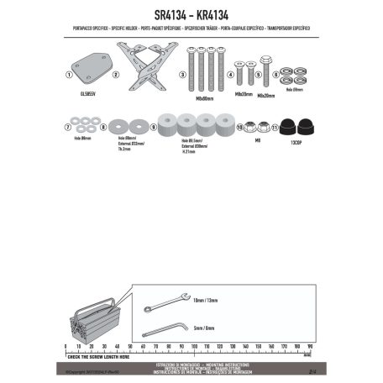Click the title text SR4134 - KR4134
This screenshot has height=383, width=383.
[191, 15]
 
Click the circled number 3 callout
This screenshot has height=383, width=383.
[181, 75]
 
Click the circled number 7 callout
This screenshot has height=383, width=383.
[66, 127]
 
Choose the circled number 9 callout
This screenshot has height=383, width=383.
[155, 127]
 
